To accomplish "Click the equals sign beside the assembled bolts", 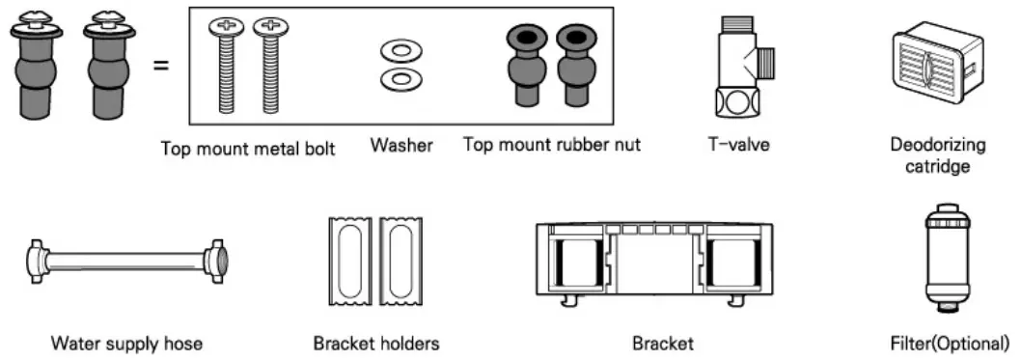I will pos(161,67).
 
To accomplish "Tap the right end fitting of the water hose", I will pos(215,259).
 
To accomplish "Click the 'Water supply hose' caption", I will pos(126,343).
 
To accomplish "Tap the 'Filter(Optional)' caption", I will pos(950,342).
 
